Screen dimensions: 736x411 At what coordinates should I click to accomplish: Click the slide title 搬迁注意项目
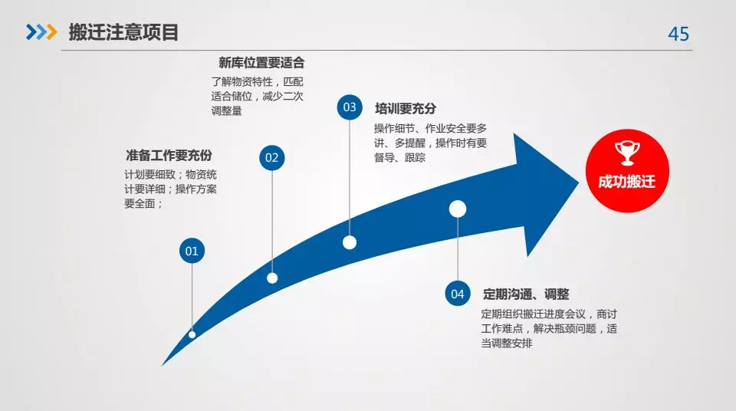tap(123, 32)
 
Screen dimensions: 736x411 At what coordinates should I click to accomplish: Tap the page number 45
tap(678, 34)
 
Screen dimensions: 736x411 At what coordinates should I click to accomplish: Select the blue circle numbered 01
tap(192, 251)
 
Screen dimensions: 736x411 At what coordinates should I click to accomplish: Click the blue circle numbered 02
tap(271, 157)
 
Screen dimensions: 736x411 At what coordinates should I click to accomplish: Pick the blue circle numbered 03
tap(350, 107)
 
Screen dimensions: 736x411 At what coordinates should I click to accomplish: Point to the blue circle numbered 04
tap(458, 294)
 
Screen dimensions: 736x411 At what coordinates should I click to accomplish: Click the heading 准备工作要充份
tap(169, 155)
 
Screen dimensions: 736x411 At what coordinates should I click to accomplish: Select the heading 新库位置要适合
tap(261, 62)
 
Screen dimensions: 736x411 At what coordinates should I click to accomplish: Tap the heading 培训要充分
tap(406, 109)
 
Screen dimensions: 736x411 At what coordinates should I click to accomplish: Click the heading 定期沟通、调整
tap(526, 294)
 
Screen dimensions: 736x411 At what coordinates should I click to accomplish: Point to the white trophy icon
tap(627, 153)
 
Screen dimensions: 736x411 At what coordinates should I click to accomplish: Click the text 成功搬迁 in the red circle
tap(626, 181)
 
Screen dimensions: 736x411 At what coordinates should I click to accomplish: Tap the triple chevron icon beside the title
tap(41, 32)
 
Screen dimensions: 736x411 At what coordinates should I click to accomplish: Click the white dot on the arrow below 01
tap(192, 334)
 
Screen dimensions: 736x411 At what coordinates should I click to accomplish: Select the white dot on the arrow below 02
tap(272, 278)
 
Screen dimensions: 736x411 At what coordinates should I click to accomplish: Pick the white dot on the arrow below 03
tap(350, 242)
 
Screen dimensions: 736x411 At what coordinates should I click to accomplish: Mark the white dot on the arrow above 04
tap(458, 209)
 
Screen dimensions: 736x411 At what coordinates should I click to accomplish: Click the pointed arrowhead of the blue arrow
tap(578, 182)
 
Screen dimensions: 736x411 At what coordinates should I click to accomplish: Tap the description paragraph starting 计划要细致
tap(170, 189)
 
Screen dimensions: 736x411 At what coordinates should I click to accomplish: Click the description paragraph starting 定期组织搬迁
tap(549, 328)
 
